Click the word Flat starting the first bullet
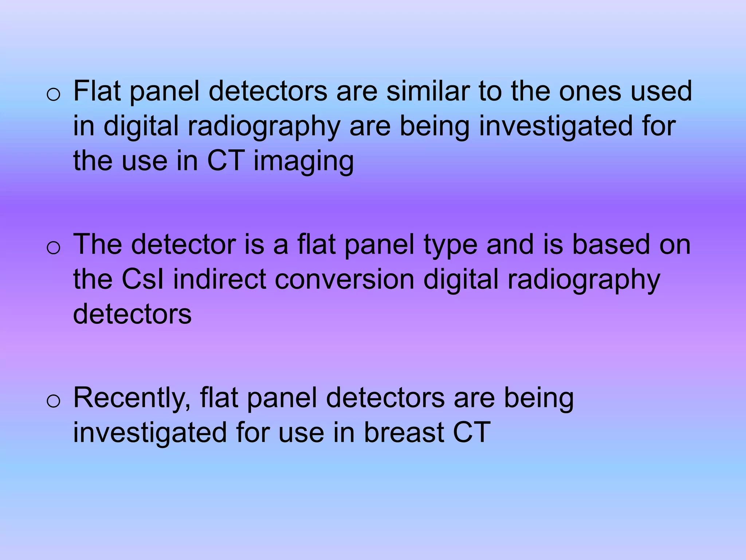pyautogui.click(x=97, y=91)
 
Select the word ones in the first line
pyautogui.click(x=590, y=91)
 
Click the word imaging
pyautogui.click(x=303, y=162)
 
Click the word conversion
pyautogui.click(x=344, y=279)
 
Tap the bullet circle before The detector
pyautogui.click(x=54, y=248)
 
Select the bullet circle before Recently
pyautogui.click(x=54, y=401)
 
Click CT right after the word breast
pyautogui.click(x=472, y=433)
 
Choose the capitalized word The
pyautogui.click(x=97, y=244)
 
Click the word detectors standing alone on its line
pyautogui.click(x=132, y=314)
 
